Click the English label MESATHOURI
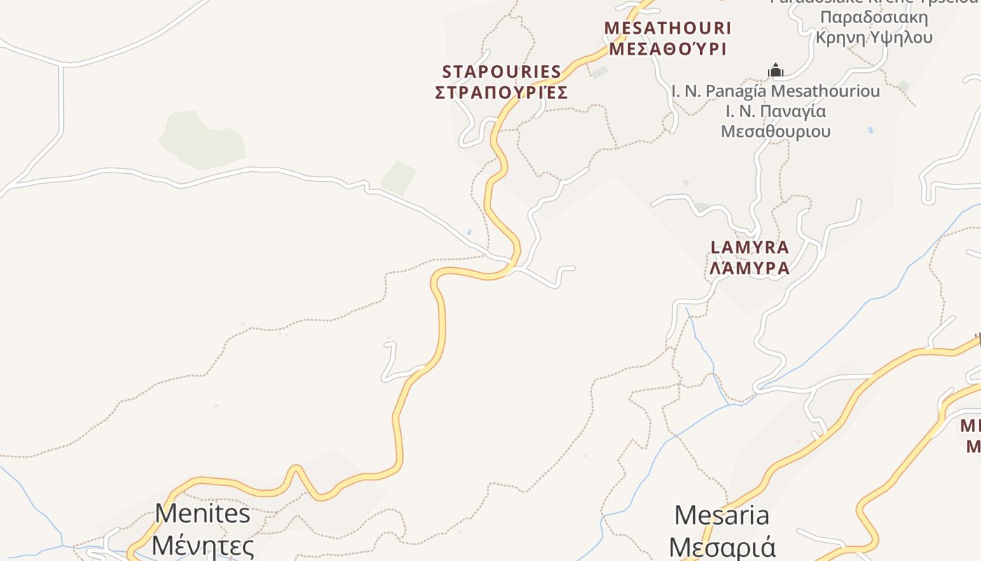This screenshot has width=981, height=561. [667, 28]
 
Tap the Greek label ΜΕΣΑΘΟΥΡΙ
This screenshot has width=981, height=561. [667, 48]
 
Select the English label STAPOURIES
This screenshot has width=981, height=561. [502, 72]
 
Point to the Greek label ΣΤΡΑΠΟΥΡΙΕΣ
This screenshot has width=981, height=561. [502, 93]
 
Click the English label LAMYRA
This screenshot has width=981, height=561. [750, 248]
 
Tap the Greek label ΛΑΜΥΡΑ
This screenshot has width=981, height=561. [750, 268]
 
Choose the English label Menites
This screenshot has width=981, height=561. [203, 513]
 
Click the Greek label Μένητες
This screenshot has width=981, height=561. [203, 545]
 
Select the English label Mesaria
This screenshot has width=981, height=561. [722, 515]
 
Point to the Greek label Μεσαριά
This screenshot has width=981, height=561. [722, 546]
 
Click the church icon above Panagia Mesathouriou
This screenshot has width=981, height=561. [775, 70]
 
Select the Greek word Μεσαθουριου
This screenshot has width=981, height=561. [776, 132]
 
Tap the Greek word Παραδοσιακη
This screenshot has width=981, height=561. [874, 18]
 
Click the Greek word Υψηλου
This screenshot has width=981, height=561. [901, 37]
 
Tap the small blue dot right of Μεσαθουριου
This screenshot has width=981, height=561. [870, 130]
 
